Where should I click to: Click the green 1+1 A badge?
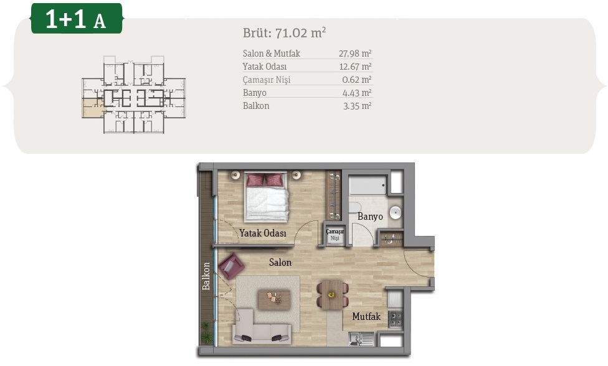coord(77,18)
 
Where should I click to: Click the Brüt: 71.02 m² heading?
coord(284,32)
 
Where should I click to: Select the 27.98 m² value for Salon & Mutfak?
coord(355,54)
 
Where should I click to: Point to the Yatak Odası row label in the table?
coord(265,67)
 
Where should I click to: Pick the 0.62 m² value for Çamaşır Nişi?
coord(357,80)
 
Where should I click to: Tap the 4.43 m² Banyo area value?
coord(357,93)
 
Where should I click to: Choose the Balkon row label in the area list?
coord(256,106)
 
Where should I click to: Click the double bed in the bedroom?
coord(267,197)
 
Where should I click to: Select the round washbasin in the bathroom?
coord(396,212)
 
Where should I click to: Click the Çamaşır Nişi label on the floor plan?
coord(335,235)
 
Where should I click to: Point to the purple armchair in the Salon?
coord(231,266)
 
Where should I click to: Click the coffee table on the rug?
coord(274,299)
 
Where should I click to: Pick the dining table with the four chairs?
coord(332,295)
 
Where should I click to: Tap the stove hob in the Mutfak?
coord(396,319)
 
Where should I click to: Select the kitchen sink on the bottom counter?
coord(361,339)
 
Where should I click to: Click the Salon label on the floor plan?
coord(280,263)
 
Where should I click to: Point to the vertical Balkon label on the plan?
coord(206,276)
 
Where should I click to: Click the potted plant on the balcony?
coord(207,332)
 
